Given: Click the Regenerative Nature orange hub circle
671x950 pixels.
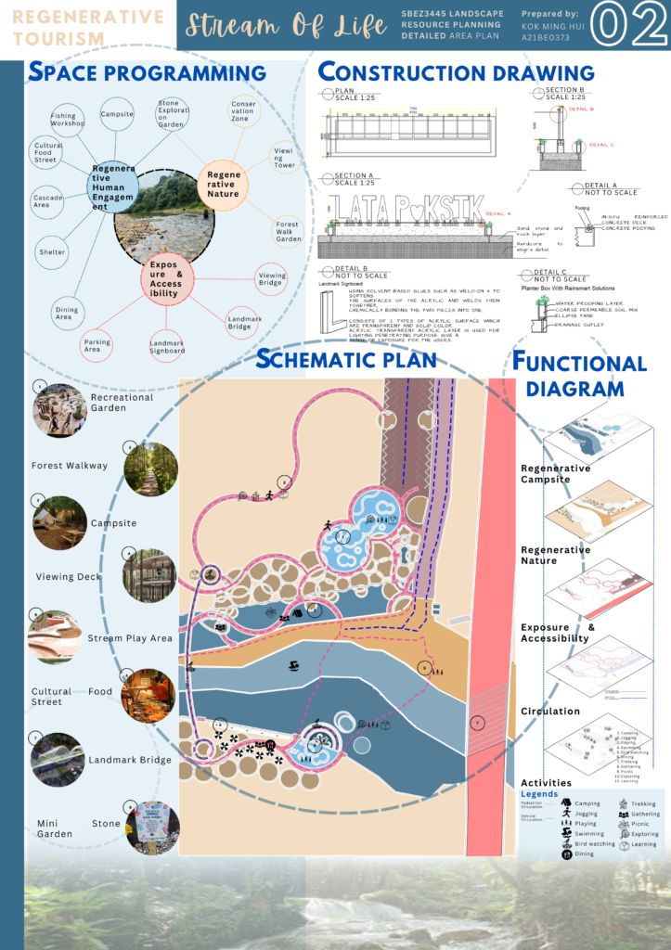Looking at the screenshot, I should click(x=224, y=180).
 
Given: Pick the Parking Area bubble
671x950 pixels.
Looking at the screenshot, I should click(x=97, y=342).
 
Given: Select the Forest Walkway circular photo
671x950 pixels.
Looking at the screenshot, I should click(x=149, y=468).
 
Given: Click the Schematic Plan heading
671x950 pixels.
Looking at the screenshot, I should click(x=346, y=359).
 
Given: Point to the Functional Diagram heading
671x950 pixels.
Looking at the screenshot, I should click(x=581, y=375).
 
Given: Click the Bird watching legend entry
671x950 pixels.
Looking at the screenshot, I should click(x=600, y=844).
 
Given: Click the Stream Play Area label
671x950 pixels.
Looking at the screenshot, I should click(x=129, y=638).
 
